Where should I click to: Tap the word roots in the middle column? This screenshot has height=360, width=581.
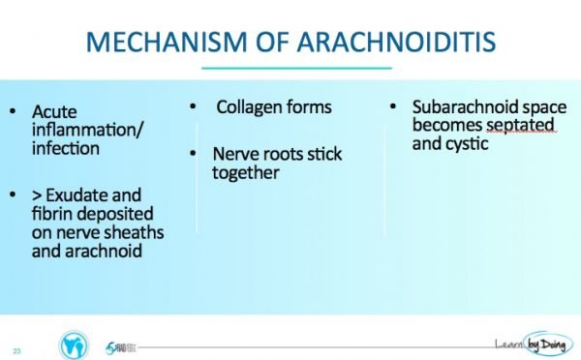[278, 155]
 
